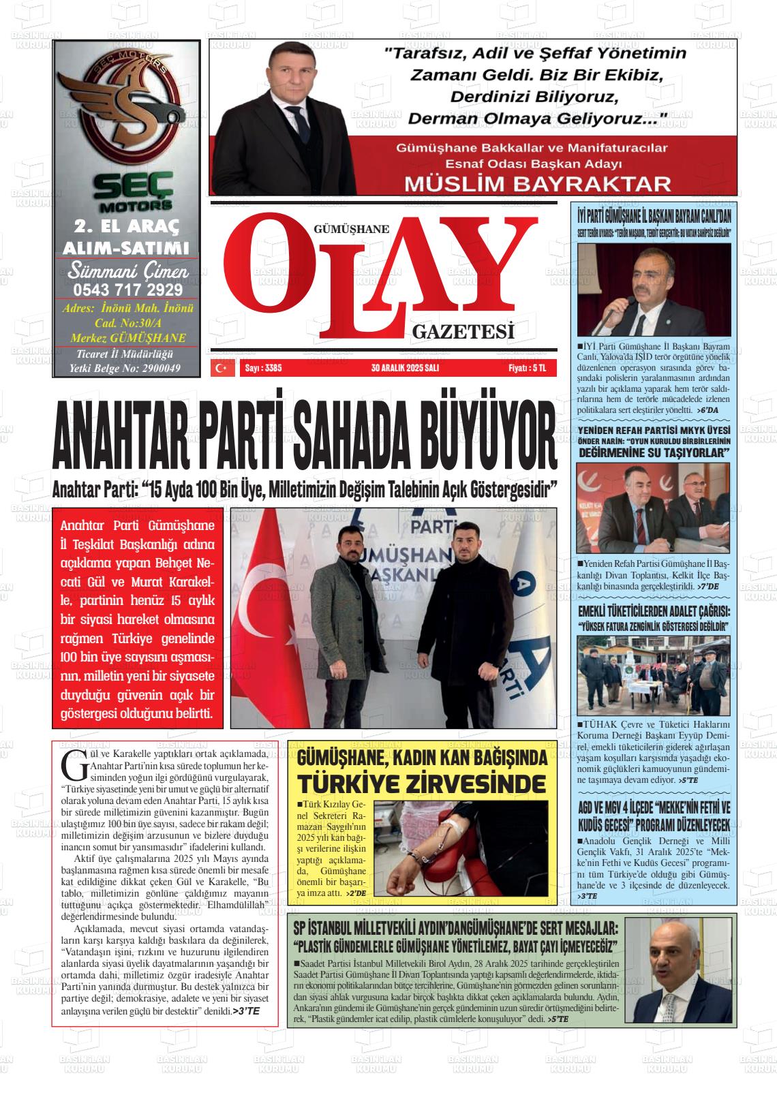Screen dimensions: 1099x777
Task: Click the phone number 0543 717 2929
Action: pos(127,290)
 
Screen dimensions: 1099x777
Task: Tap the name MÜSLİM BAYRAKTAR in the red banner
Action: pos(538,183)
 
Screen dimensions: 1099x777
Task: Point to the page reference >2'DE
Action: pos(356,893)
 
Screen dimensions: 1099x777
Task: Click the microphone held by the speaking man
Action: pos(630,301)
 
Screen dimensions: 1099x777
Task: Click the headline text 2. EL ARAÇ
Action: pos(127,226)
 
